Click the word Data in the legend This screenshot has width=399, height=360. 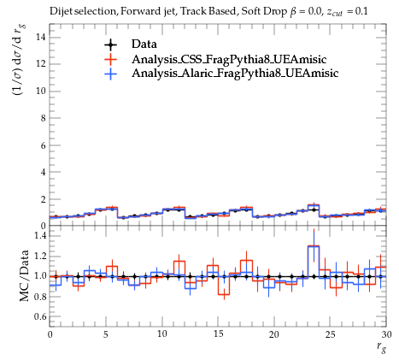(x=144, y=44)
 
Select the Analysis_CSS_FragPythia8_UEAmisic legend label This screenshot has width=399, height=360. (x=229, y=59)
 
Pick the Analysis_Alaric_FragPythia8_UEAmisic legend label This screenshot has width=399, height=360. (x=235, y=74)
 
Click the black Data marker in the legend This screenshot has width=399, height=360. (x=110, y=44)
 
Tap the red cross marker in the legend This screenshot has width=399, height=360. (x=110, y=59)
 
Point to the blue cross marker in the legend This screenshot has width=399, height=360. (x=110, y=74)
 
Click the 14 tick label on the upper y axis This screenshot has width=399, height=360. (x=40, y=37)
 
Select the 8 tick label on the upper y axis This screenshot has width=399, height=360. (x=43, y=118)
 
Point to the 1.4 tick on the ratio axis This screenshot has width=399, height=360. (x=40, y=235)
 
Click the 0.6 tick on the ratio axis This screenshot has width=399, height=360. (x=40, y=316)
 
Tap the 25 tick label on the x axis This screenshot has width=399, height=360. (x=330, y=334)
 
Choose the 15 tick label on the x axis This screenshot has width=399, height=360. (x=218, y=334)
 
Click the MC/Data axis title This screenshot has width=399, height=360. (x=25, y=275)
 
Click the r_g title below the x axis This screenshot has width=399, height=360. (x=381, y=347)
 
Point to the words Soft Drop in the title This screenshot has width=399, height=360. (x=264, y=11)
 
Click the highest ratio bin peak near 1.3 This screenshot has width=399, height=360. (x=314, y=245)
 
